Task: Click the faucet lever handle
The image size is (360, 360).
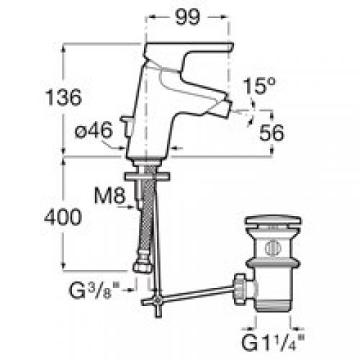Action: click(194, 48)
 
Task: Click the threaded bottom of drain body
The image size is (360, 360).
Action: click(271, 302)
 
